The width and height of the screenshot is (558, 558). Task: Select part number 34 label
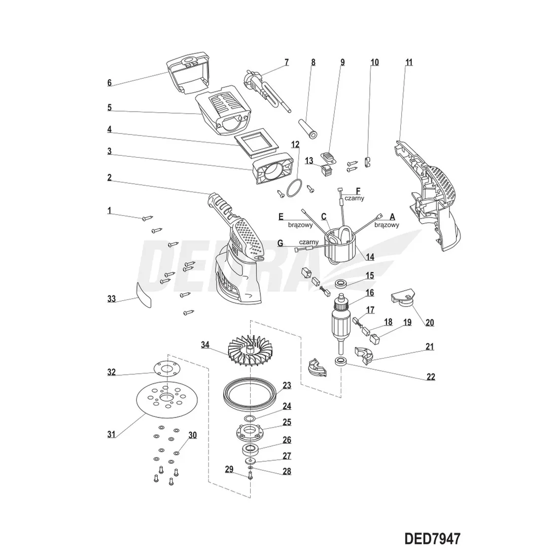[x=204, y=345]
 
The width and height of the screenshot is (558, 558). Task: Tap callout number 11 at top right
[x=409, y=63]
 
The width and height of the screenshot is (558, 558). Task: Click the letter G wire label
[x=280, y=243]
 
